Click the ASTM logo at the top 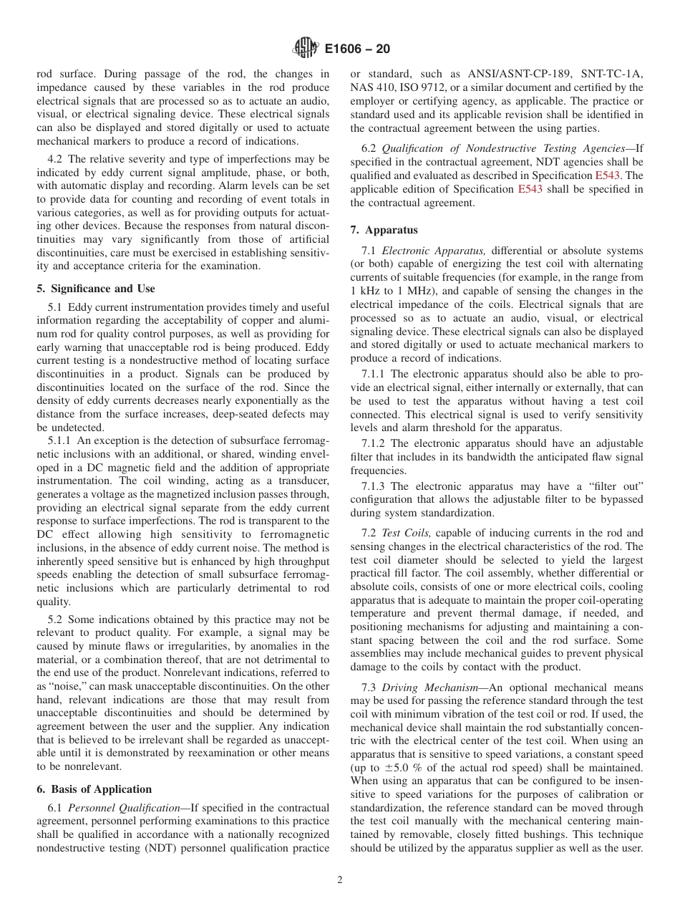pos(306,49)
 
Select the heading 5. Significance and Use pos(95,289)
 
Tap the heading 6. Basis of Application pos(94,789)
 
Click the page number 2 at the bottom pos(340,880)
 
